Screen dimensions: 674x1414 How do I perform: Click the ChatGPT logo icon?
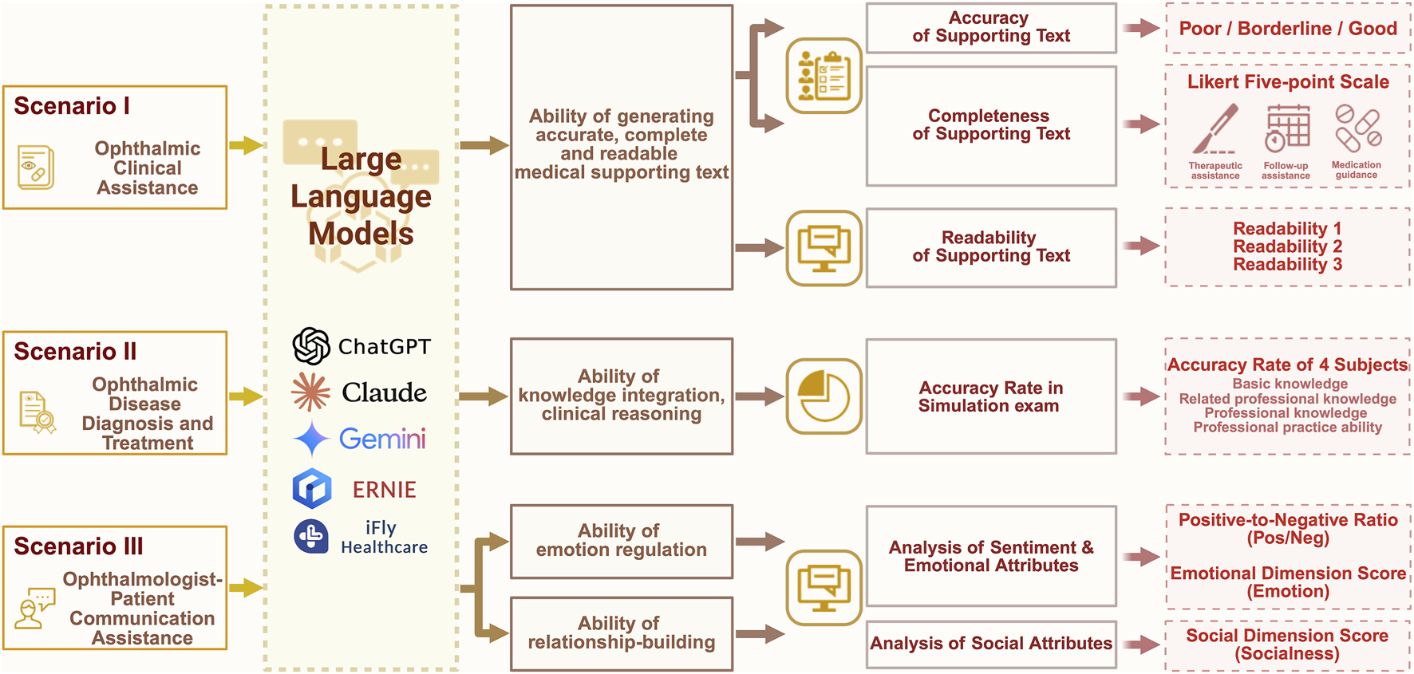click(x=311, y=346)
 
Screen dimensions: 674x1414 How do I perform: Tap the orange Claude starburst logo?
click(x=310, y=392)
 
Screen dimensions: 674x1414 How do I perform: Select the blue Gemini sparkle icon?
click(x=311, y=439)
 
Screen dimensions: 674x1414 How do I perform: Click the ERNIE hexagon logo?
click(x=312, y=489)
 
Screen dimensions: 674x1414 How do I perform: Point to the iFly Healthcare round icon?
click(x=311, y=536)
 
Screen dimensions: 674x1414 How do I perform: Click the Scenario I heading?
click(x=72, y=106)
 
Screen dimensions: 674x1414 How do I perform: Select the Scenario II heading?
click(x=75, y=352)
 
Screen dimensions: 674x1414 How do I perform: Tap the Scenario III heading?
click(x=78, y=546)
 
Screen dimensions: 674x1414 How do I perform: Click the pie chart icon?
click(x=824, y=396)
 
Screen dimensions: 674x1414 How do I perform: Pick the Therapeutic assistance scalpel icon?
click(x=1215, y=129)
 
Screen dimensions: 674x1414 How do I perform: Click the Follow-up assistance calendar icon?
click(x=1286, y=128)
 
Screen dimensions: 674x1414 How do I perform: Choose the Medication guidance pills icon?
click(x=1357, y=128)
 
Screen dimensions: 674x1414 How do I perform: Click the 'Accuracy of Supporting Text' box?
click(x=991, y=28)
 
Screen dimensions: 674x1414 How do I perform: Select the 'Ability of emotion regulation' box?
click(x=621, y=541)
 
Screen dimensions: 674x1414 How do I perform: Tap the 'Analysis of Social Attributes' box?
click(x=991, y=644)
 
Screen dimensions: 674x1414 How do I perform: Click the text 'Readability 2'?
click(x=1287, y=246)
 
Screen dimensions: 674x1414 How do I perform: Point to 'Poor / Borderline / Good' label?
click(x=1288, y=29)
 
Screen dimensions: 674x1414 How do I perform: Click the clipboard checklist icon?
click(x=824, y=76)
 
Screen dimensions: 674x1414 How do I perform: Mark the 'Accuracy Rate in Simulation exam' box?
click(x=991, y=396)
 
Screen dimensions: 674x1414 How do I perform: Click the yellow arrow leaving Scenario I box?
click(x=246, y=145)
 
